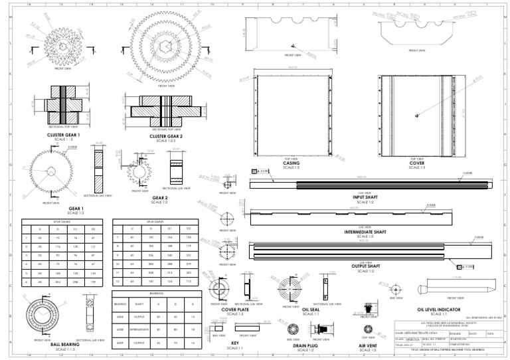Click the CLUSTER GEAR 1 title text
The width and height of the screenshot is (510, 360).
(64, 134)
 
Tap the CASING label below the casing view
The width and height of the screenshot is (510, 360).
(291, 163)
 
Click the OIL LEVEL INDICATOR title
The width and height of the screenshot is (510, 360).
(438, 310)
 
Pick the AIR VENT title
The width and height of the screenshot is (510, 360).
(369, 345)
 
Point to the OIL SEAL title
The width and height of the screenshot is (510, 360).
(311, 310)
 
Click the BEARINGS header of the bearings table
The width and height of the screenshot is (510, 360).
(155, 293)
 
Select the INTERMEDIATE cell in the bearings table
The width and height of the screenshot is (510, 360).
(139, 329)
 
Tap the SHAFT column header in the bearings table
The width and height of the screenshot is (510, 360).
(139, 305)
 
